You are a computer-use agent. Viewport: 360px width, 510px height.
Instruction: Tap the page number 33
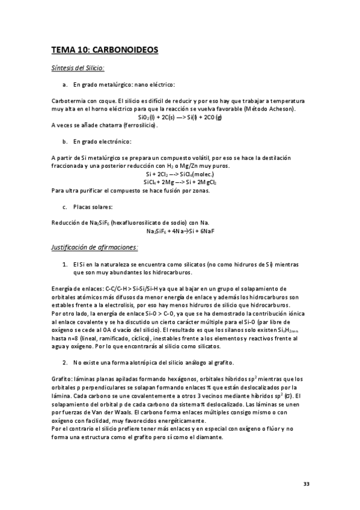tap(306, 484)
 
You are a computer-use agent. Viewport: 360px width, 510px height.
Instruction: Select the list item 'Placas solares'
tap(94, 206)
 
